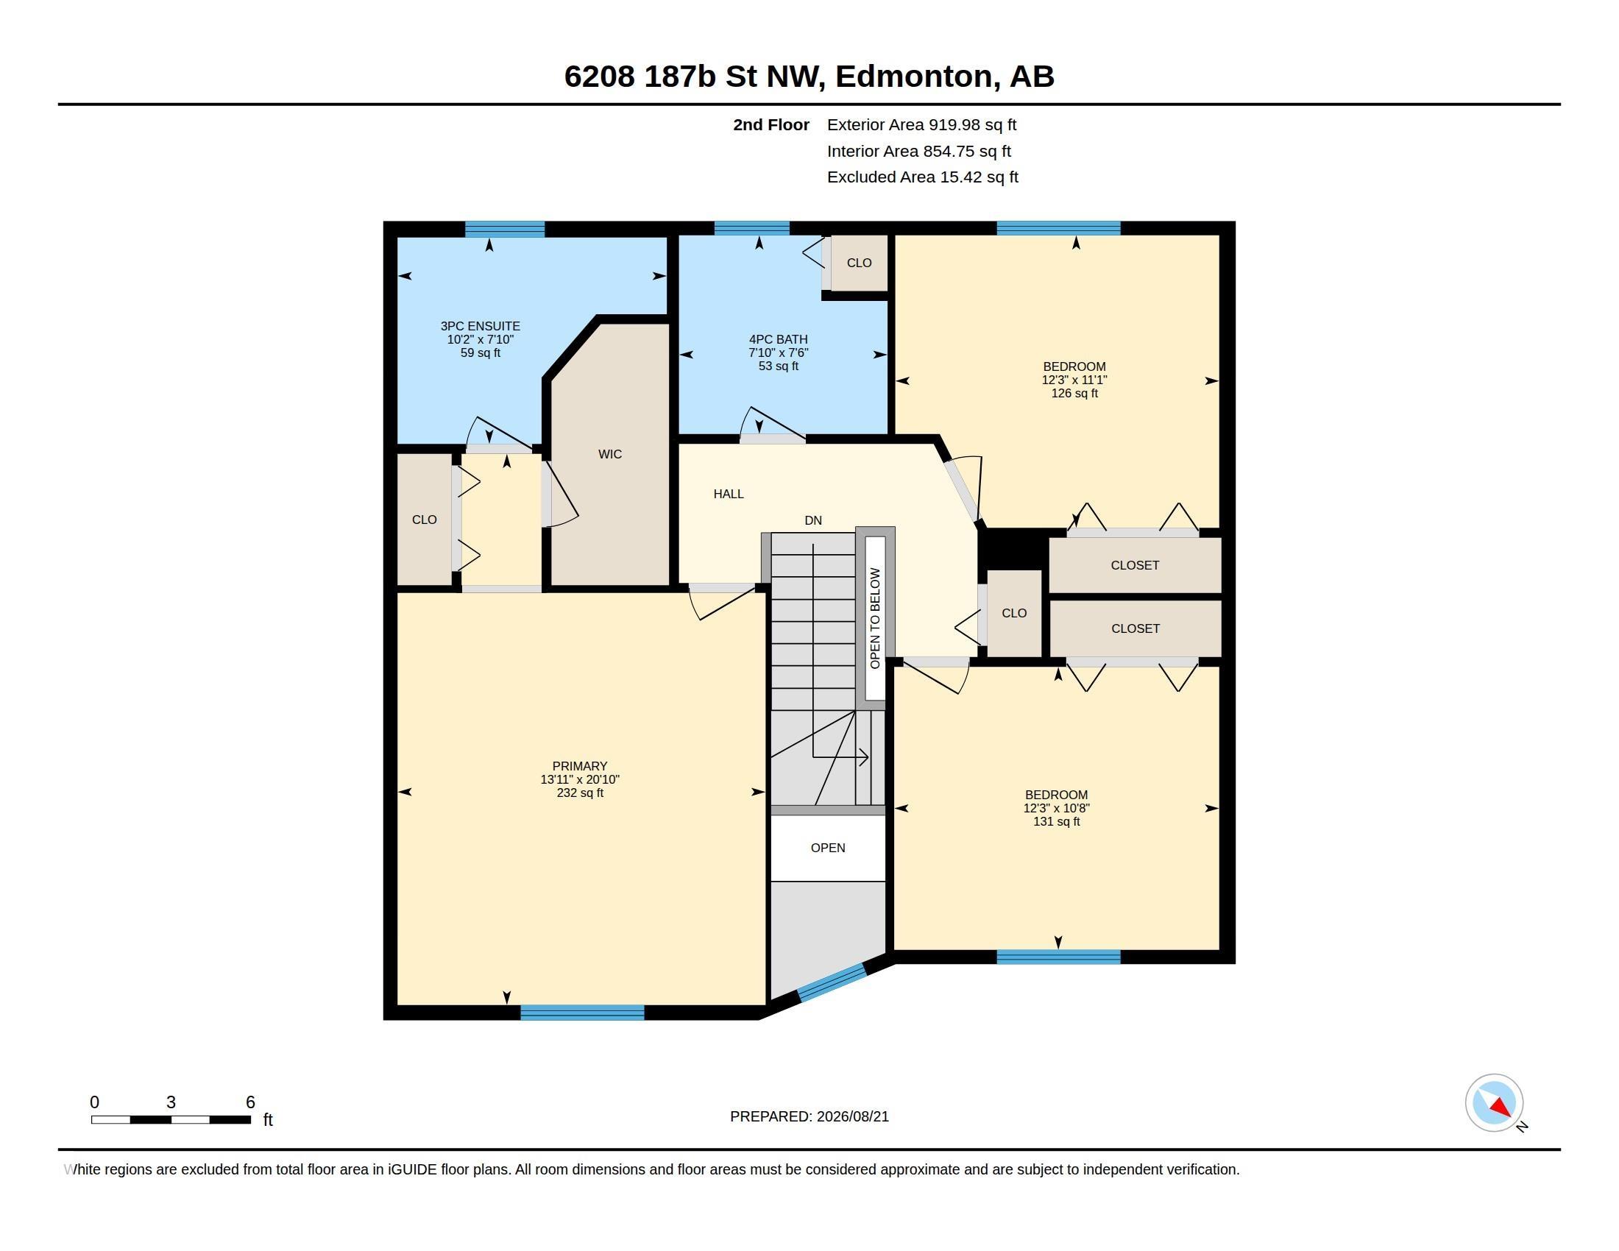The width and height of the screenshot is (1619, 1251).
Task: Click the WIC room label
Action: (x=610, y=454)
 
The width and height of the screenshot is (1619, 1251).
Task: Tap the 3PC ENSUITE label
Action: (x=481, y=326)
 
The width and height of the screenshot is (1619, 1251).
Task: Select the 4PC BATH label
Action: (x=779, y=339)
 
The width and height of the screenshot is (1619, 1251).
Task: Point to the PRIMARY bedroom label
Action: (x=580, y=766)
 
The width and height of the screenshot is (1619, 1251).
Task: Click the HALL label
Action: (x=729, y=495)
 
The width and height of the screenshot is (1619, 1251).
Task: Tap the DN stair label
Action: (x=813, y=521)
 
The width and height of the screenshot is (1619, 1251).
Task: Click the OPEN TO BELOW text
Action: (x=875, y=618)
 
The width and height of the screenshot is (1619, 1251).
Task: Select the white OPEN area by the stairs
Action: (x=828, y=848)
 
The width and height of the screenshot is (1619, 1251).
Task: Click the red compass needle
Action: (x=1501, y=1108)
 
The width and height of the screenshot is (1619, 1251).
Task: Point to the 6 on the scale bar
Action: (x=250, y=1102)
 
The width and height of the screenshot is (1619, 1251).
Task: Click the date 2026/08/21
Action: (x=852, y=1117)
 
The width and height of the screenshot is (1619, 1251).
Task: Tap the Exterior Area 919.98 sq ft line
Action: (x=921, y=125)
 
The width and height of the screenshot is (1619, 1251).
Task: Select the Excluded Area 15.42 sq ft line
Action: (x=922, y=177)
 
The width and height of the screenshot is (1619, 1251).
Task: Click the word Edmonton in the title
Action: (x=914, y=77)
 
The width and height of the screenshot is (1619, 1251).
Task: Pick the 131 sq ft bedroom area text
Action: (x=1056, y=822)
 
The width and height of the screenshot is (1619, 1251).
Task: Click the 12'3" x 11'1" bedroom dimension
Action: (x=1074, y=380)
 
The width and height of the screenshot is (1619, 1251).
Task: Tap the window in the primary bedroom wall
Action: (x=583, y=1013)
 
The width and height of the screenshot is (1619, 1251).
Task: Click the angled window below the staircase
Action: (x=832, y=982)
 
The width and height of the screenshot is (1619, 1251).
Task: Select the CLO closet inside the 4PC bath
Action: (x=859, y=263)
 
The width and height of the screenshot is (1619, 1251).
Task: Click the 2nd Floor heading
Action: (x=771, y=125)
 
